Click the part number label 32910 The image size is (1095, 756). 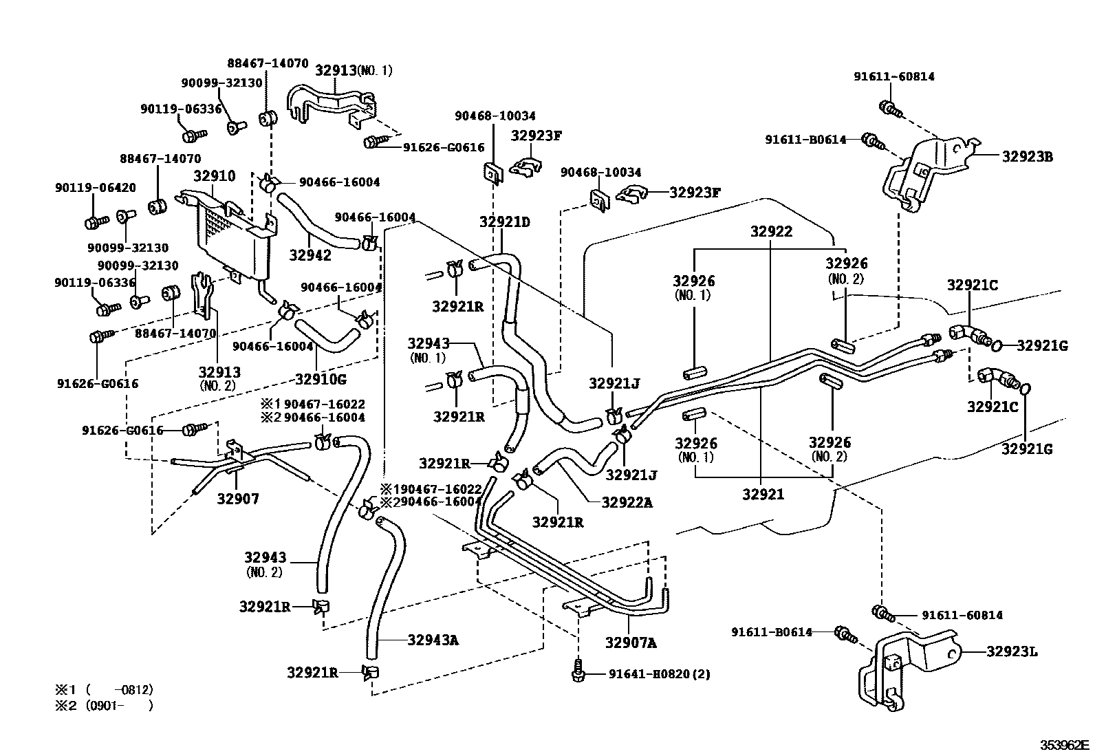tap(214, 175)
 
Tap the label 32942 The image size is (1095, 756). tap(310, 255)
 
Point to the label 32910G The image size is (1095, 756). tap(321, 379)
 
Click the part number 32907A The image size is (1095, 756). tap(631, 642)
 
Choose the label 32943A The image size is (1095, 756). tap(433, 640)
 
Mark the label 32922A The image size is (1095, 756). tap(627, 502)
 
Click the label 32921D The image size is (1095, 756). tap(504, 222)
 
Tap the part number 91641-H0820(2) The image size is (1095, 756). tap(660, 674)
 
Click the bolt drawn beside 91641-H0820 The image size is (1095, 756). tap(578, 671)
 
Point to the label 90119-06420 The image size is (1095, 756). tap(96, 187)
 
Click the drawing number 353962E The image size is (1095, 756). tap(1064, 745)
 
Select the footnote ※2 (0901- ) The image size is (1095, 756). tap(104, 706)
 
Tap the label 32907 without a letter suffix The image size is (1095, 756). tap(238, 499)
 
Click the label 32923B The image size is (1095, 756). tap(1028, 156)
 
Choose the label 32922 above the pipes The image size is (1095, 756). tap(772, 231)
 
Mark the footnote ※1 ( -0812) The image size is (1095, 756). tap(104, 690)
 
